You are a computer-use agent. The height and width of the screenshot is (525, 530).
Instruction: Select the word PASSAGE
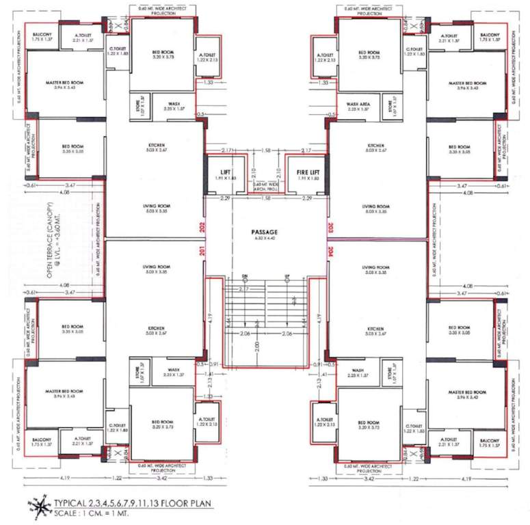[x=264, y=232]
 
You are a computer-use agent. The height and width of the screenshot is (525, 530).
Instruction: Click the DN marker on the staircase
[x=244, y=276]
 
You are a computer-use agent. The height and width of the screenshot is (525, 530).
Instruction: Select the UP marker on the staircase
[x=287, y=276]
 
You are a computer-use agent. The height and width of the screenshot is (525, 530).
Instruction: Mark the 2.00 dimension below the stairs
[x=256, y=347]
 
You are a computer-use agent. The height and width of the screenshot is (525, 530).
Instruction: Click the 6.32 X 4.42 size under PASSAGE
[x=264, y=239]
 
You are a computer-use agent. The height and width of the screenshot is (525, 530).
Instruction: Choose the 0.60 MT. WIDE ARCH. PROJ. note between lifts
[x=265, y=186]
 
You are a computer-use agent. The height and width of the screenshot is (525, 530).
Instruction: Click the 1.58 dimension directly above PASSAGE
[x=265, y=198]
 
